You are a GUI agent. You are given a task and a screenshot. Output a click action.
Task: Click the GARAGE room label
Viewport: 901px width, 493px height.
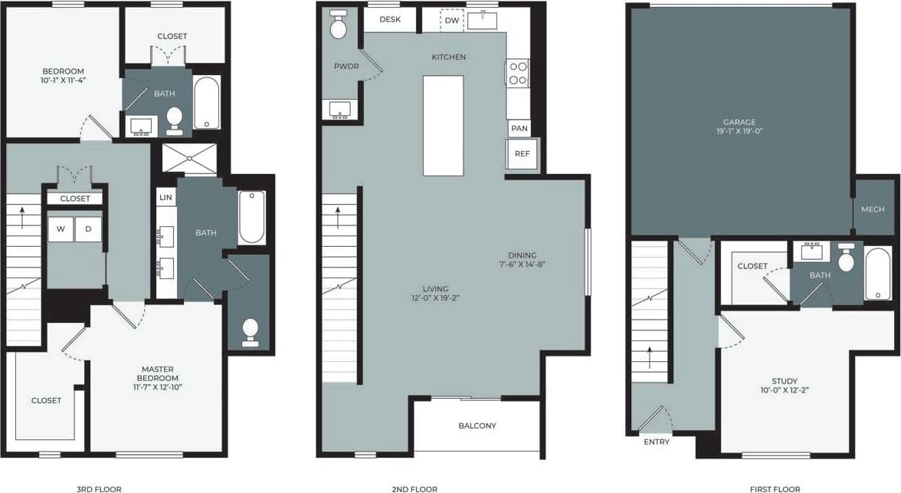coord(739,122)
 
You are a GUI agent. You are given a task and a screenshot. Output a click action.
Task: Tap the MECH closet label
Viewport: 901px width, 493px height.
coord(873,209)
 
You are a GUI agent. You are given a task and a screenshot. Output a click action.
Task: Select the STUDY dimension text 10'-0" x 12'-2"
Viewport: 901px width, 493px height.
coord(785,389)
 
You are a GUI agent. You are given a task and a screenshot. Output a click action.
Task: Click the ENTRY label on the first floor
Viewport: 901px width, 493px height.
coord(657,442)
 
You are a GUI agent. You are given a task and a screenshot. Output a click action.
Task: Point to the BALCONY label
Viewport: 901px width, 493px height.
coord(477,426)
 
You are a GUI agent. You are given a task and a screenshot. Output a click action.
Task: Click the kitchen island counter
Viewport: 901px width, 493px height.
coord(443,125)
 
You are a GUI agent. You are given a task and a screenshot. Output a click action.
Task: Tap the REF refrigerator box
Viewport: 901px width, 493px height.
coord(522,154)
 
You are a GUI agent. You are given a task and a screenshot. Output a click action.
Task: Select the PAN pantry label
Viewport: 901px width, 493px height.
coord(519,128)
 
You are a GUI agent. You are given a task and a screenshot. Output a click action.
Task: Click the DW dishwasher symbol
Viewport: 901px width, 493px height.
coord(452,20)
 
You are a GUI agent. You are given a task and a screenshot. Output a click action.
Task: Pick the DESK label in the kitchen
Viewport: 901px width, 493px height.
coord(390,19)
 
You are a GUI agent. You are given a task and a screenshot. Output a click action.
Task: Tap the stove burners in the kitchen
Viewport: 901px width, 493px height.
coord(518,73)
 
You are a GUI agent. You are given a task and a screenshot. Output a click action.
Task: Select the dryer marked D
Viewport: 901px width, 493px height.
coord(88,229)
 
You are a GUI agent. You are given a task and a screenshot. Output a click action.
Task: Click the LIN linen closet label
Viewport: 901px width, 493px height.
coord(165,197)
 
